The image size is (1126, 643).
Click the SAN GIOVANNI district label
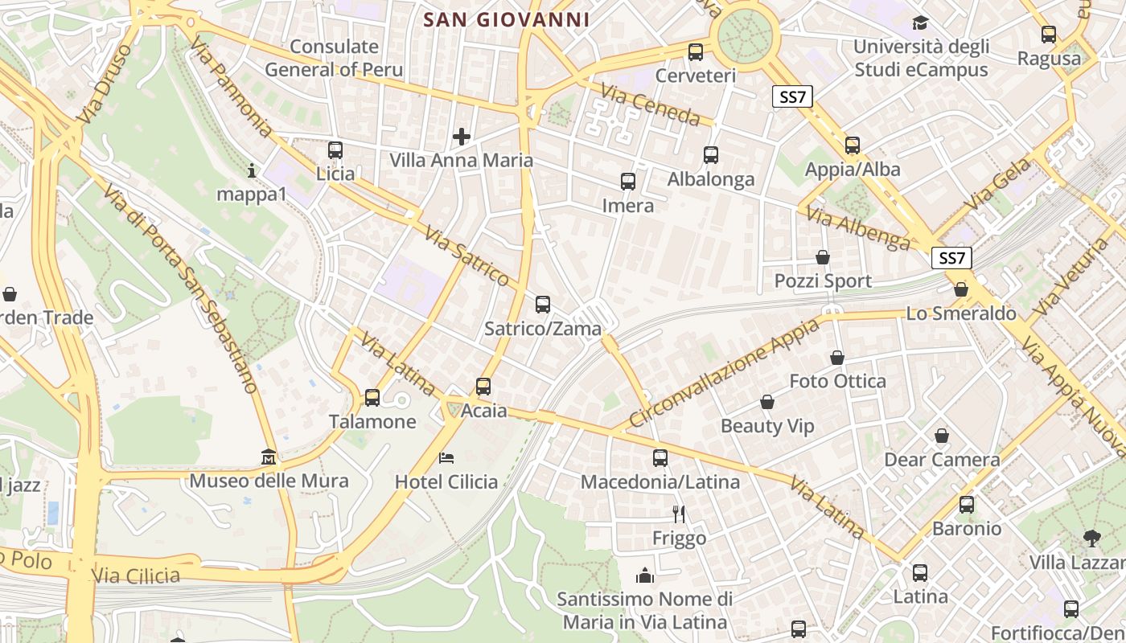point(506,20)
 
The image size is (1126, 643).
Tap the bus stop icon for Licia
point(335,150)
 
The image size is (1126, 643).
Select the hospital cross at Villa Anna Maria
point(461,137)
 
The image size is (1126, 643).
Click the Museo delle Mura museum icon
point(269,457)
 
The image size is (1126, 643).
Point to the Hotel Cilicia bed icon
point(446,458)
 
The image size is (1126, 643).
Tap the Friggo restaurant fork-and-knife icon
point(679,514)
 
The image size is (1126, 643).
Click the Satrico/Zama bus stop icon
point(543,305)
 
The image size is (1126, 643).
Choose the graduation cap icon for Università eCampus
point(920,23)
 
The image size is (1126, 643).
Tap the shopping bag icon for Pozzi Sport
point(823,257)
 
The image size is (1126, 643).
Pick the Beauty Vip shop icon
point(767,402)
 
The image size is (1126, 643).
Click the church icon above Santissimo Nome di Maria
point(645,575)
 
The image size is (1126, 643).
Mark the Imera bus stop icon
point(628,182)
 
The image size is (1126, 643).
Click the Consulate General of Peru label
point(334,58)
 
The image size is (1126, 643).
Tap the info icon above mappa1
point(252,170)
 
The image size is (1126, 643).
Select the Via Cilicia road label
point(136,576)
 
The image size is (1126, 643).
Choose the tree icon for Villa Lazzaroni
point(1091,538)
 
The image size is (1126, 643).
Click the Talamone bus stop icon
point(372,397)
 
